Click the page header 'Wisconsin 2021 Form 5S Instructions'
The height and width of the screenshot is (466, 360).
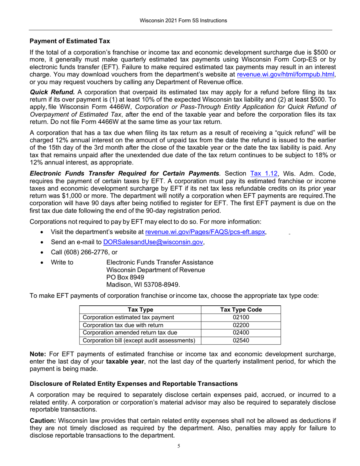[x=180, y=20]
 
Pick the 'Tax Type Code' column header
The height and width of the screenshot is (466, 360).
[x=241, y=310]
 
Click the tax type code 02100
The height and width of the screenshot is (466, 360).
[x=241, y=317]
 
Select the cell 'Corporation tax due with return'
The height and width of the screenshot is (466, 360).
[x=123, y=325]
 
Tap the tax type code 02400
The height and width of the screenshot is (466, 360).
[x=241, y=333]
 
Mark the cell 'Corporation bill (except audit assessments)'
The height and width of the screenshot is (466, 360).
[x=139, y=340]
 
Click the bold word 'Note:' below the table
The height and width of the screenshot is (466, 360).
[x=38, y=354]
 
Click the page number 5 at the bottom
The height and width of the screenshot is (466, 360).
[x=179, y=446]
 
